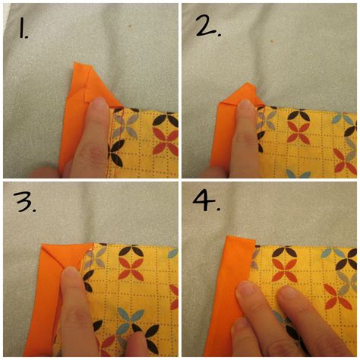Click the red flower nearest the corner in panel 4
pyautogui.click(x=285, y=266)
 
